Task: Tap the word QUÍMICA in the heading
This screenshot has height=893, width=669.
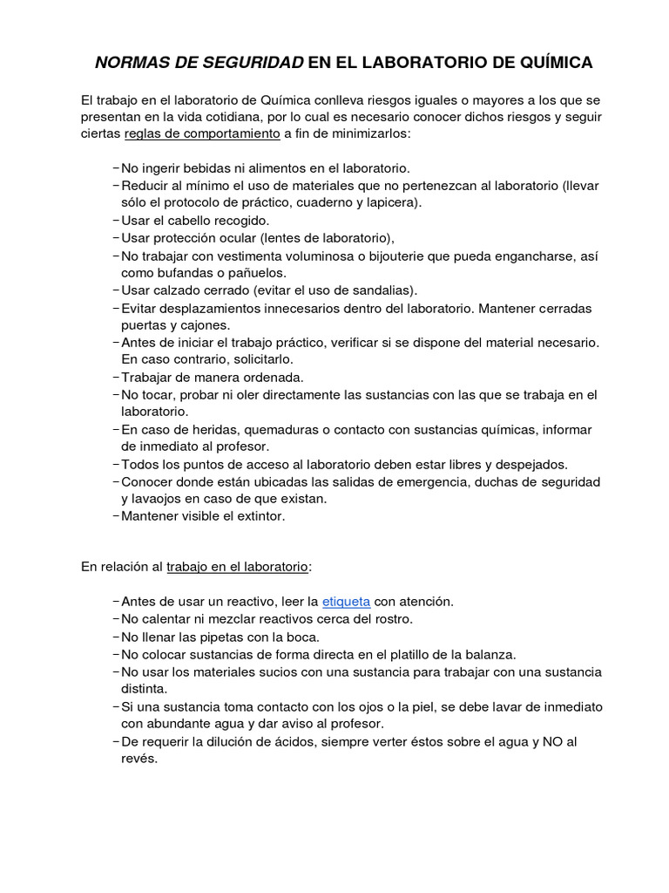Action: point(550,62)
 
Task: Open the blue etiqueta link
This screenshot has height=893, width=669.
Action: point(346,601)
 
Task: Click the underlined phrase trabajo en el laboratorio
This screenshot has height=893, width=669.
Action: point(237,566)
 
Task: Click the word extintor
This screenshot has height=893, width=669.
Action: point(256,515)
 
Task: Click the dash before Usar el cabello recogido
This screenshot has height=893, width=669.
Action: point(116,221)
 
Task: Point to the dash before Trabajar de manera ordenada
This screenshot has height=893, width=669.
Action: point(116,378)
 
